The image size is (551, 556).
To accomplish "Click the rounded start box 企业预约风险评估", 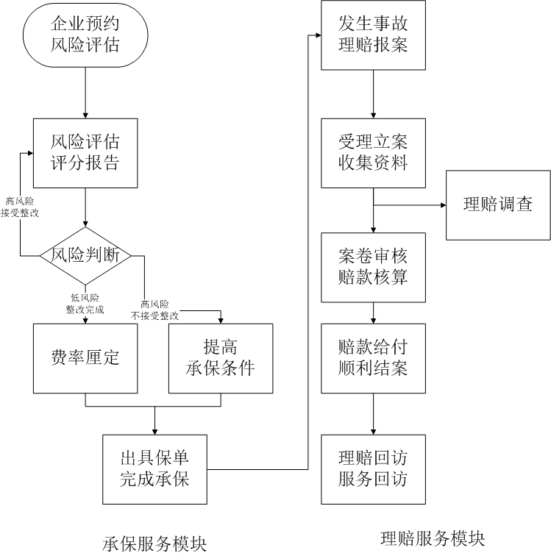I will [x=85, y=35].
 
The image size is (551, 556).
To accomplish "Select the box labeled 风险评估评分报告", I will [x=85, y=152].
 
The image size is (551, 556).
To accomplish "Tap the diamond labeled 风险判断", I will [x=85, y=255].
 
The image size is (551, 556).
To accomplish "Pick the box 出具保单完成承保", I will [x=155, y=469].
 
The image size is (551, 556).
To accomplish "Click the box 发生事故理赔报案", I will [x=373, y=35].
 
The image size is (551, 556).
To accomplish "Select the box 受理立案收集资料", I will [x=373, y=152].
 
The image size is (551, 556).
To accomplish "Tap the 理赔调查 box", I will [x=498, y=205].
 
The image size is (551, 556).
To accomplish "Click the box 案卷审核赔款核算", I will [x=373, y=266].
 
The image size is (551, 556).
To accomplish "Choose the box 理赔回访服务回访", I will [x=373, y=469].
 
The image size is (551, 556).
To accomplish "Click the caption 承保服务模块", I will [x=154, y=542].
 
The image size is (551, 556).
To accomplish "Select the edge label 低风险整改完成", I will [x=87, y=304].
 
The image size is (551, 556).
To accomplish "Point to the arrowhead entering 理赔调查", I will [x=441, y=206].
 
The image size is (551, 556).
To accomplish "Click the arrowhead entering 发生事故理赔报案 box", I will [x=317, y=35].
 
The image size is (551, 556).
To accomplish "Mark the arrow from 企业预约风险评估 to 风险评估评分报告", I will [x=85, y=93].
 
